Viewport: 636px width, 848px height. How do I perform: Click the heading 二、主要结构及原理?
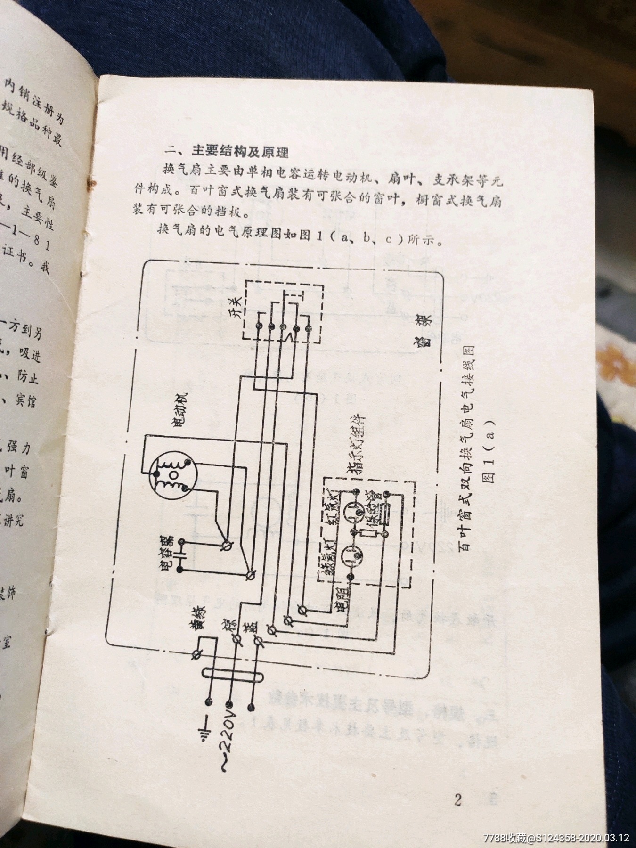[226, 152]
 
